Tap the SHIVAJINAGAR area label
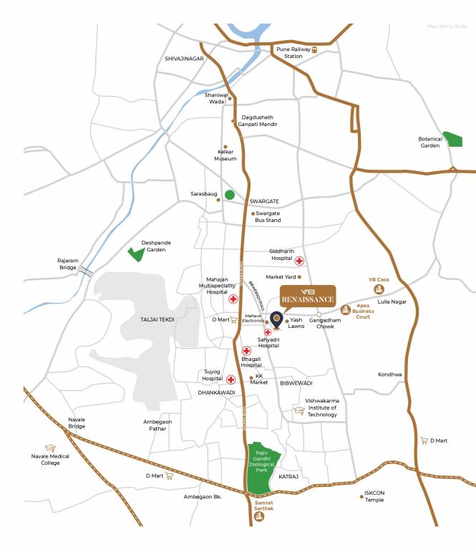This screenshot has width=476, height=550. (x=185, y=59)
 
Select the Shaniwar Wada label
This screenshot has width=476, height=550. (x=216, y=98)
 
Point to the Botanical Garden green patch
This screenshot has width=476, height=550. (x=452, y=139)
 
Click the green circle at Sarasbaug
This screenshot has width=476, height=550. (x=230, y=194)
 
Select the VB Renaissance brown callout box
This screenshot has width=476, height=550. (x=307, y=296)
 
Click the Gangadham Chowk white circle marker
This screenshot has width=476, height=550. (x=319, y=313)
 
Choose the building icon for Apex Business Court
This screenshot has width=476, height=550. (x=346, y=309)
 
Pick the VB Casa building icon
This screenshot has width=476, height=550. (x=379, y=288)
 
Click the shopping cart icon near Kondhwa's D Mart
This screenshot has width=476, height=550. (x=424, y=440)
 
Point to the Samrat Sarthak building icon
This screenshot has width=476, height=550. (x=260, y=516)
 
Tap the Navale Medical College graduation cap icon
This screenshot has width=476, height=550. (x=50, y=448)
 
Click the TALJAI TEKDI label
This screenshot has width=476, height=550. (x=158, y=320)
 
